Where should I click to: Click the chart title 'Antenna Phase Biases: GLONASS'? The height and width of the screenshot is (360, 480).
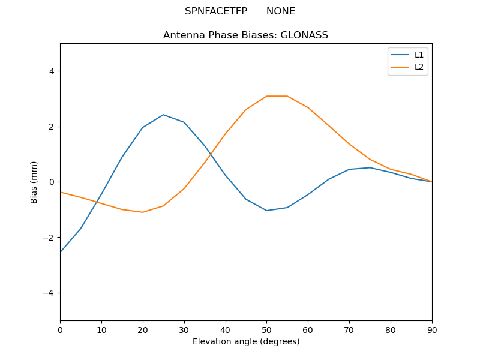point(245,35)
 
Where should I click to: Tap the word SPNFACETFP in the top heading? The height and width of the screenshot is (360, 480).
point(216,11)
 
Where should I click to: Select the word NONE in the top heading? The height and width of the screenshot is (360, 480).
point(281,11)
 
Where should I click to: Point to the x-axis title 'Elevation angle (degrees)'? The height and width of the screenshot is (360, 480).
point(246,341)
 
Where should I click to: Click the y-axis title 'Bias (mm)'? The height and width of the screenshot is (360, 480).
point(34,182)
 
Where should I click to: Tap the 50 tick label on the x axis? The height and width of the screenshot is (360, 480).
point(266,329)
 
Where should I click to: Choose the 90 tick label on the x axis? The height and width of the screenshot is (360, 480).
point(432,329)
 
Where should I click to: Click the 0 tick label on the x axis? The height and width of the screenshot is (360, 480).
point(60,329)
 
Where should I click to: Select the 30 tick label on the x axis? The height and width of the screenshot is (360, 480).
point(184,329)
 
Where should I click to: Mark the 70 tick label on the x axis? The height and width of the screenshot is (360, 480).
point(349,329)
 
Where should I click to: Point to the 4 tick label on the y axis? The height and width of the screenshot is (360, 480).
point(51,71)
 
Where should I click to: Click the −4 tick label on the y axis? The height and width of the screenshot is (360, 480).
point(49,293)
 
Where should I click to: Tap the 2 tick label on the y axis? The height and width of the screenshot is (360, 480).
point(51,127)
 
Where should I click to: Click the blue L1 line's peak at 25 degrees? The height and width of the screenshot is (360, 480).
point(163,115)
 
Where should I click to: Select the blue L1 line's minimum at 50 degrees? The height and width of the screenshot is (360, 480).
point(266,211)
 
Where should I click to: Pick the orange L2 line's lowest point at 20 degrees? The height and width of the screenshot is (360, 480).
point(143,212)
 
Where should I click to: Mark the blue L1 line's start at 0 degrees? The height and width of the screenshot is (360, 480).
point(61,252)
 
